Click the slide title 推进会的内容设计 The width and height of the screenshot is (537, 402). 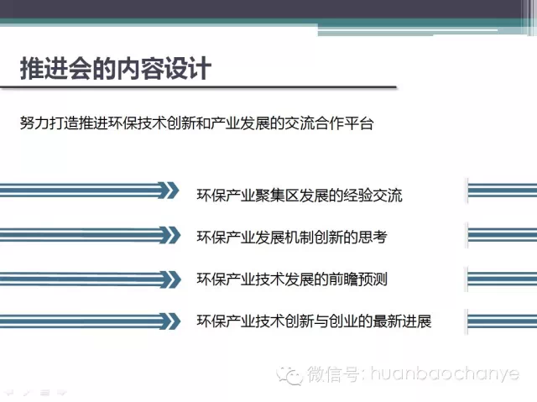116,69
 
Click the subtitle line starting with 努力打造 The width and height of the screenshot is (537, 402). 196,123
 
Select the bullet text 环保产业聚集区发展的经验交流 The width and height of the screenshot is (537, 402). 300,196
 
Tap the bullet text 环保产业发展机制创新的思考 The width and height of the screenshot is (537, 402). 292,237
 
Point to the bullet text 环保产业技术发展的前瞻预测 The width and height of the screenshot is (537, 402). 292,279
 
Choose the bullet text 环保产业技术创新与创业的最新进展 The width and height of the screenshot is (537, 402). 314,321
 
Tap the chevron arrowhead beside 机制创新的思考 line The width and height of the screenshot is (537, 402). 170,235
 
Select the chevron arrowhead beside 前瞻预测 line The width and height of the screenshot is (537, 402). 170,279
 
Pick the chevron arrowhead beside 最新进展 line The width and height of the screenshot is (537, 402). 170,321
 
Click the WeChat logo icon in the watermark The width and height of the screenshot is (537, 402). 289,375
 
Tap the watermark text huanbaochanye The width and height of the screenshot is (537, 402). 445,373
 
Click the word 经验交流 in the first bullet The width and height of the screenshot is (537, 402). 373,196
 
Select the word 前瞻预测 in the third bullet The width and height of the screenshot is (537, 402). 358,279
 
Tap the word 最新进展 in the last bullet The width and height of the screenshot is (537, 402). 402,321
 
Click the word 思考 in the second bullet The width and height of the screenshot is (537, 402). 373,237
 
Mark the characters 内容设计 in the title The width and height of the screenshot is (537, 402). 164,69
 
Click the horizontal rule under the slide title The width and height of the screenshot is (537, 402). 198,87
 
